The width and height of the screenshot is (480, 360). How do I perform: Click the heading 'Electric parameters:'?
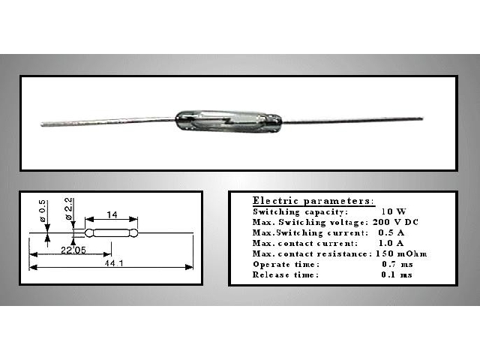[313, 201]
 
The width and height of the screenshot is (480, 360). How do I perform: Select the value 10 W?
[394, 211]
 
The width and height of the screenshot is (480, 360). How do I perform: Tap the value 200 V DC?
[395, 222]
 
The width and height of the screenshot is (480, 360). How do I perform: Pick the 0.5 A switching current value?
[391, 232]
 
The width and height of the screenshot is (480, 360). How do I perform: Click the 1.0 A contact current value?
[391, 243]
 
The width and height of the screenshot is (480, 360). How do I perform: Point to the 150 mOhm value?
[401, 253]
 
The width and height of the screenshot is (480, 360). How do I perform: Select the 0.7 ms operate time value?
[397, 264]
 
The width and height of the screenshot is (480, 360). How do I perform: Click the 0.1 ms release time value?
[397, 275]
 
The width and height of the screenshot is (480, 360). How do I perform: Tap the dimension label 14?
[112, 215]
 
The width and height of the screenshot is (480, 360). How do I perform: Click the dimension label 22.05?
[73, 250]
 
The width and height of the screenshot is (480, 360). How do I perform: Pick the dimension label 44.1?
[114, 263]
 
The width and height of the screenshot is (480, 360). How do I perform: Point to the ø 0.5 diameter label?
[42, 211]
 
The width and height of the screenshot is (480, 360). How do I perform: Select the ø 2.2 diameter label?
[69, 208]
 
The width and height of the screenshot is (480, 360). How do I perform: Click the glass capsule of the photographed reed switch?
[228, 121]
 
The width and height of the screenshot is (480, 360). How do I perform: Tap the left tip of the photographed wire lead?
[42, 124]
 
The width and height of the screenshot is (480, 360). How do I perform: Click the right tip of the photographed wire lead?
[421, 118]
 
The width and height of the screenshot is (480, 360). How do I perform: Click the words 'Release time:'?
[286, 275]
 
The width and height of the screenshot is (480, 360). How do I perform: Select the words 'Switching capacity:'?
[300, 211]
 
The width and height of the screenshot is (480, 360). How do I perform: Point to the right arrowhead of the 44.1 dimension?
[190, 267]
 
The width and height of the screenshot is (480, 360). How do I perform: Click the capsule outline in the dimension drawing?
[112, 233]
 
